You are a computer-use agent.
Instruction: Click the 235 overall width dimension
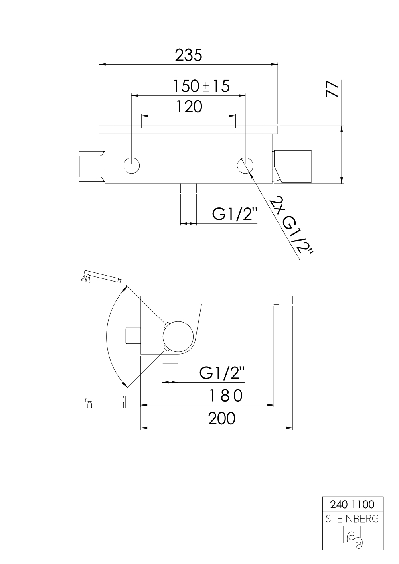click(x=188, y=55)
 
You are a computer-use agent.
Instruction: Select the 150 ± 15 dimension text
click(x=201, y=86)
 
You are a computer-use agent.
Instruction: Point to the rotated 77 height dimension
click(x=332, y=89)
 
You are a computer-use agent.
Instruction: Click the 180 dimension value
click(x=226, y=396)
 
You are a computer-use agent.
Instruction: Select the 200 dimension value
click(x=221, y=418)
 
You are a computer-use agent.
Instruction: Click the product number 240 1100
click(x=353, y=505)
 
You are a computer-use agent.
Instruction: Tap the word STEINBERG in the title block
click(x=353, y=519)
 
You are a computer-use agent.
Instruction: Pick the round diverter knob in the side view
click(x=178, y=335)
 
